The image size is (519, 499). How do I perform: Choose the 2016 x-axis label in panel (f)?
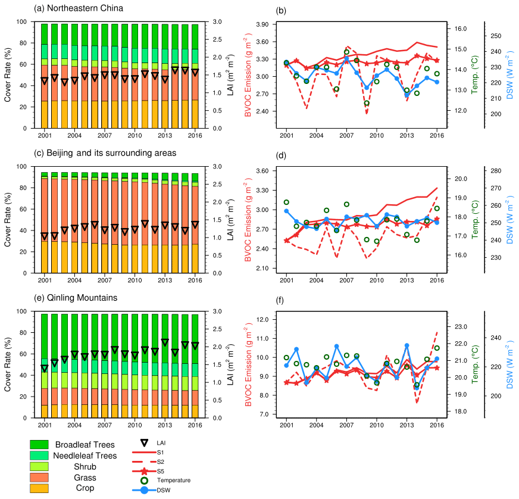(437, 427)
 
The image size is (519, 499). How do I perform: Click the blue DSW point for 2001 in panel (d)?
(286, 211)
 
